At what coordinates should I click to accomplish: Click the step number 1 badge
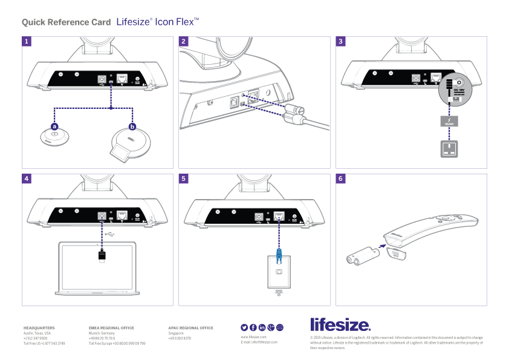pyautogui.click(x=27, y=42)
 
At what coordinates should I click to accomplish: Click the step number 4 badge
pyautogui.click(x=27, y=179)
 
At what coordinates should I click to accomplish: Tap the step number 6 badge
pyautogui.click(x=341, y=179)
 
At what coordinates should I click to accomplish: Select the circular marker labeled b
pyautogui.click(x=132, y=127)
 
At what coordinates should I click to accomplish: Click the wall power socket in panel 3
pyautogui.click(x=449, y=149)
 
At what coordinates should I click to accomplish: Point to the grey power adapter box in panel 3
pyautogui.click(x=449, y=121)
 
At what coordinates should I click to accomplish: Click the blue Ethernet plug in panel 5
pyautogui.click(x=279, y=254)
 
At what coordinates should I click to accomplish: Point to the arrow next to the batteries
pyautogui.click(x=380, y=246)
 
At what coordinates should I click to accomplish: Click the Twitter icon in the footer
pyautogui.click(x=245, y=327)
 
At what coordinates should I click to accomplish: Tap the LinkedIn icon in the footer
pyautogui.click(x=262, y=327)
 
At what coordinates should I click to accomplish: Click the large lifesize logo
pyautogui.click(x=340, y=324)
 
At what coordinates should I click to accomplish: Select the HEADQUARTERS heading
pyautogui.click(x=39, y=328)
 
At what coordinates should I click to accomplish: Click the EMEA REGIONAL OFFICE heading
pyautogui.click(x=111, y=328)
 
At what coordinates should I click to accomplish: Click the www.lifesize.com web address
pyautogui.click(x=253, y=336)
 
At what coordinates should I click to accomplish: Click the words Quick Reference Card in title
pyautogui.click(x=66, y=22)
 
